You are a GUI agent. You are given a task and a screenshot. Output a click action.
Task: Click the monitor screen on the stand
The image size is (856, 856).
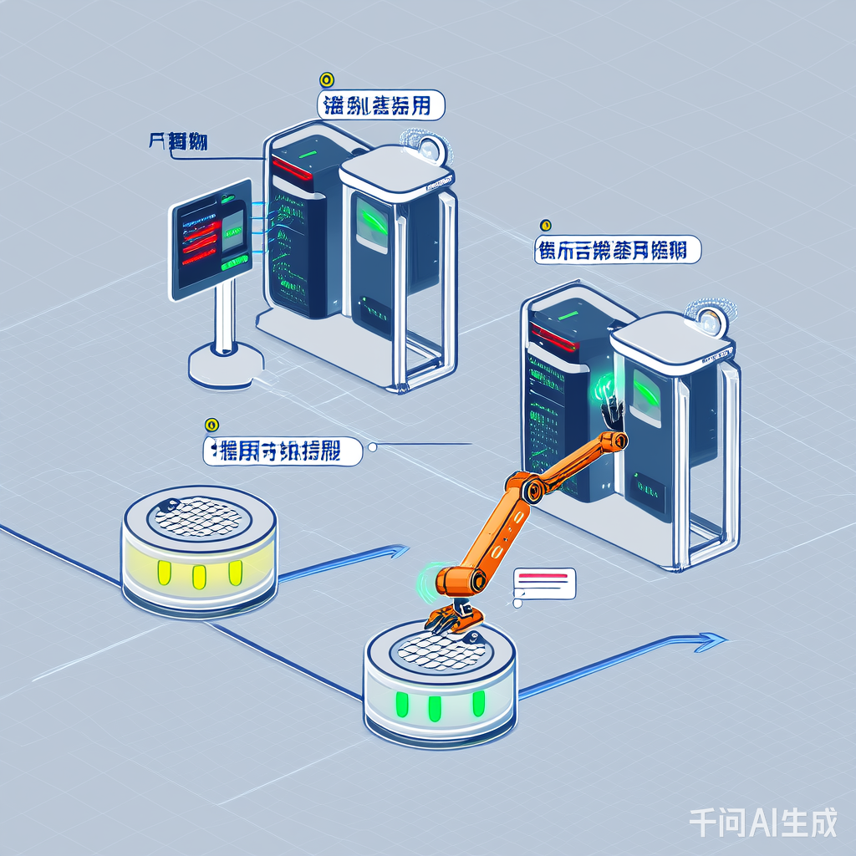tap(211, 239)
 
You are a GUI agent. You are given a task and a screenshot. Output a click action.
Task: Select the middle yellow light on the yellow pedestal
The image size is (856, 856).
tap(199, 576)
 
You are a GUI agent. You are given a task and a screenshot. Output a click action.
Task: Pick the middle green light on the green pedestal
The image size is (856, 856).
tap(434, 707)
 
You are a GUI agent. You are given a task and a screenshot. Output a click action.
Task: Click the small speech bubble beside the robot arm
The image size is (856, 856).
tap(546, 583)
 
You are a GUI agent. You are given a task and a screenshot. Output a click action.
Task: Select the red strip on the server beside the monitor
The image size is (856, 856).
tap(292, 168)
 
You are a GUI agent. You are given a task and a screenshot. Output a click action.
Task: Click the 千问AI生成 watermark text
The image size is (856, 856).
tap(762, 823)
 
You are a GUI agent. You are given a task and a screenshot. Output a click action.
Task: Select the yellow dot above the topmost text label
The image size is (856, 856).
tap(327, 80)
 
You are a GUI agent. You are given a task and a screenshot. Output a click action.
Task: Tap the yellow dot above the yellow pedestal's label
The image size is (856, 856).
tap(211, 425)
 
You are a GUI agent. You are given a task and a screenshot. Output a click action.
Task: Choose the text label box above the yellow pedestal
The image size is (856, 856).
tap(283, 451)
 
